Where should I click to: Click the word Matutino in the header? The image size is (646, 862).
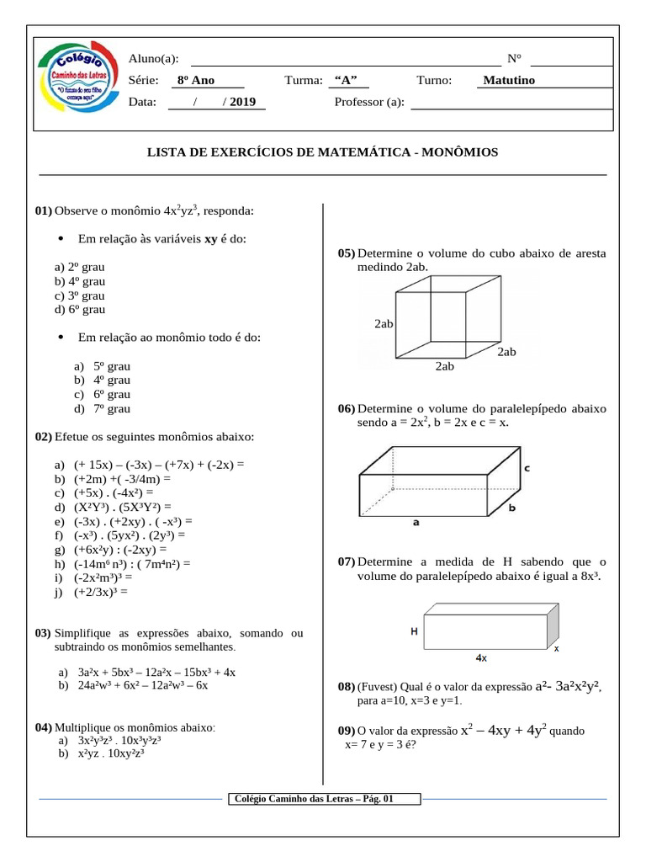pos(508,81)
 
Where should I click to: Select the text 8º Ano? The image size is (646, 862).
pos(196,81)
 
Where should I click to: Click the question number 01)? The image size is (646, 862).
pos(44,210)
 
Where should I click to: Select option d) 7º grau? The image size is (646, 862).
pos(102,408)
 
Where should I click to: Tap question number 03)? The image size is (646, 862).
pos(44,633)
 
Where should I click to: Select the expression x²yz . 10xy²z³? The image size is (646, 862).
pos(112,754)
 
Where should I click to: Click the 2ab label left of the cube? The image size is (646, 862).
pos(385,323)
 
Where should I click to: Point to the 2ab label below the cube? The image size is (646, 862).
pos(444,366)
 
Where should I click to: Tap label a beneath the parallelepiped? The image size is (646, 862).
pos(416,522)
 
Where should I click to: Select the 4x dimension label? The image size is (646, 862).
pos(482,658)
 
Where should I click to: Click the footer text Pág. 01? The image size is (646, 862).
pos(378,800)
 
